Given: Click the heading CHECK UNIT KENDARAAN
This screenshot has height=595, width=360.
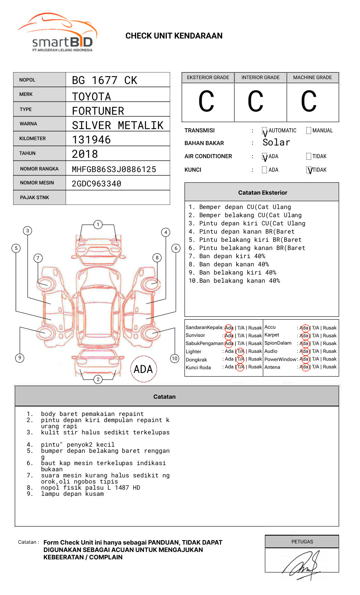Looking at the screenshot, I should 174,36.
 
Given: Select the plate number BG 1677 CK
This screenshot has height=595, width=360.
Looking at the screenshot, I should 105,80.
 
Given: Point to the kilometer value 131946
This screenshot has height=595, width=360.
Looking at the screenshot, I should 91,140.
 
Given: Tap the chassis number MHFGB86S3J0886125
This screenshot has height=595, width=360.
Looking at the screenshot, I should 114,169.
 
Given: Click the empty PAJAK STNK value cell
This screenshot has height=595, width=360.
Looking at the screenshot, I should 118,198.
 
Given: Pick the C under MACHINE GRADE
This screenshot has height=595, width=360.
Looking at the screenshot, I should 309,102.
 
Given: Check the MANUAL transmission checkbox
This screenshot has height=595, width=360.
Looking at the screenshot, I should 309,131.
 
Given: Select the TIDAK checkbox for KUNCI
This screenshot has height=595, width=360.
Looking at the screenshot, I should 309,170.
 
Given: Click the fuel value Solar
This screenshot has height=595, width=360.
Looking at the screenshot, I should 276,143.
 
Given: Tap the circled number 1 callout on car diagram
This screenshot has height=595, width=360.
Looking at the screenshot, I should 98,225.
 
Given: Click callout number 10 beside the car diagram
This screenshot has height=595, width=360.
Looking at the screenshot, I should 175,359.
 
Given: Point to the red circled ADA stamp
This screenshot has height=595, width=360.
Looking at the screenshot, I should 143,369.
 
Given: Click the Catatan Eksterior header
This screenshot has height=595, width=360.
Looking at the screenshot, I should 262,193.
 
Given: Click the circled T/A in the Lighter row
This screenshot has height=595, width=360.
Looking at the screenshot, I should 240,351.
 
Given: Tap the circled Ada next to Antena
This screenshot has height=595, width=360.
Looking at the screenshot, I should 304,367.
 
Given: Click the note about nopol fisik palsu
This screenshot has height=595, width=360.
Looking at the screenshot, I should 90,488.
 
